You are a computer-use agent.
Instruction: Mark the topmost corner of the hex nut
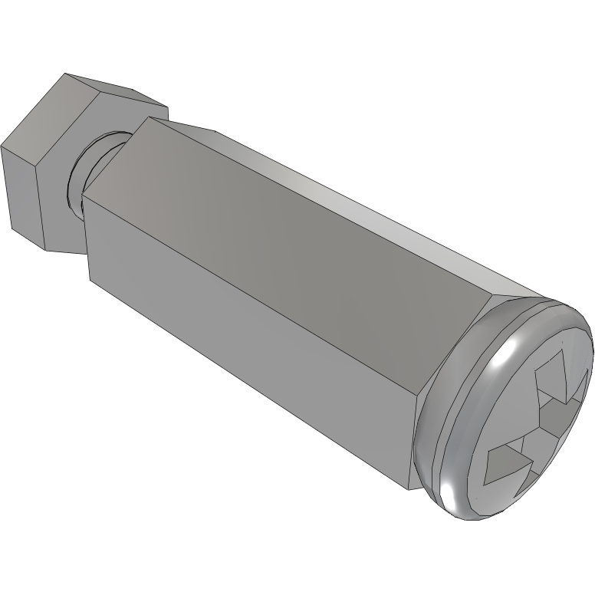tap(65, 74)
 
